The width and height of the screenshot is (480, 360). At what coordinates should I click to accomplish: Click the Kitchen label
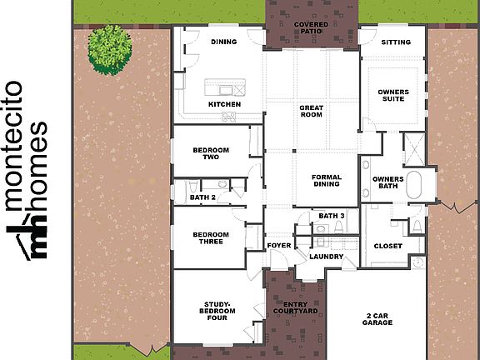(x=224, y=104)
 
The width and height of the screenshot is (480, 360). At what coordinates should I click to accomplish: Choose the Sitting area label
(x=395, y=42)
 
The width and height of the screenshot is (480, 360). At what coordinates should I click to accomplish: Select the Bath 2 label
(x=202, y=197)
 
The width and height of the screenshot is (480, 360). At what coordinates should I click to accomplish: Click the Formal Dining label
(x=326, y=180)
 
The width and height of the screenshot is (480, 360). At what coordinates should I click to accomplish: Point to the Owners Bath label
(x=387, y=182)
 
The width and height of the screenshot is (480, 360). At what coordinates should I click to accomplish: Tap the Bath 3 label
(x=331, y=217)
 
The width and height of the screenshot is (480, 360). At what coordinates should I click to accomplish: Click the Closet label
(x=388, y=246)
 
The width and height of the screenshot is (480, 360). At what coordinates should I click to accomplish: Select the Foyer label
(x=277, y=246)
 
